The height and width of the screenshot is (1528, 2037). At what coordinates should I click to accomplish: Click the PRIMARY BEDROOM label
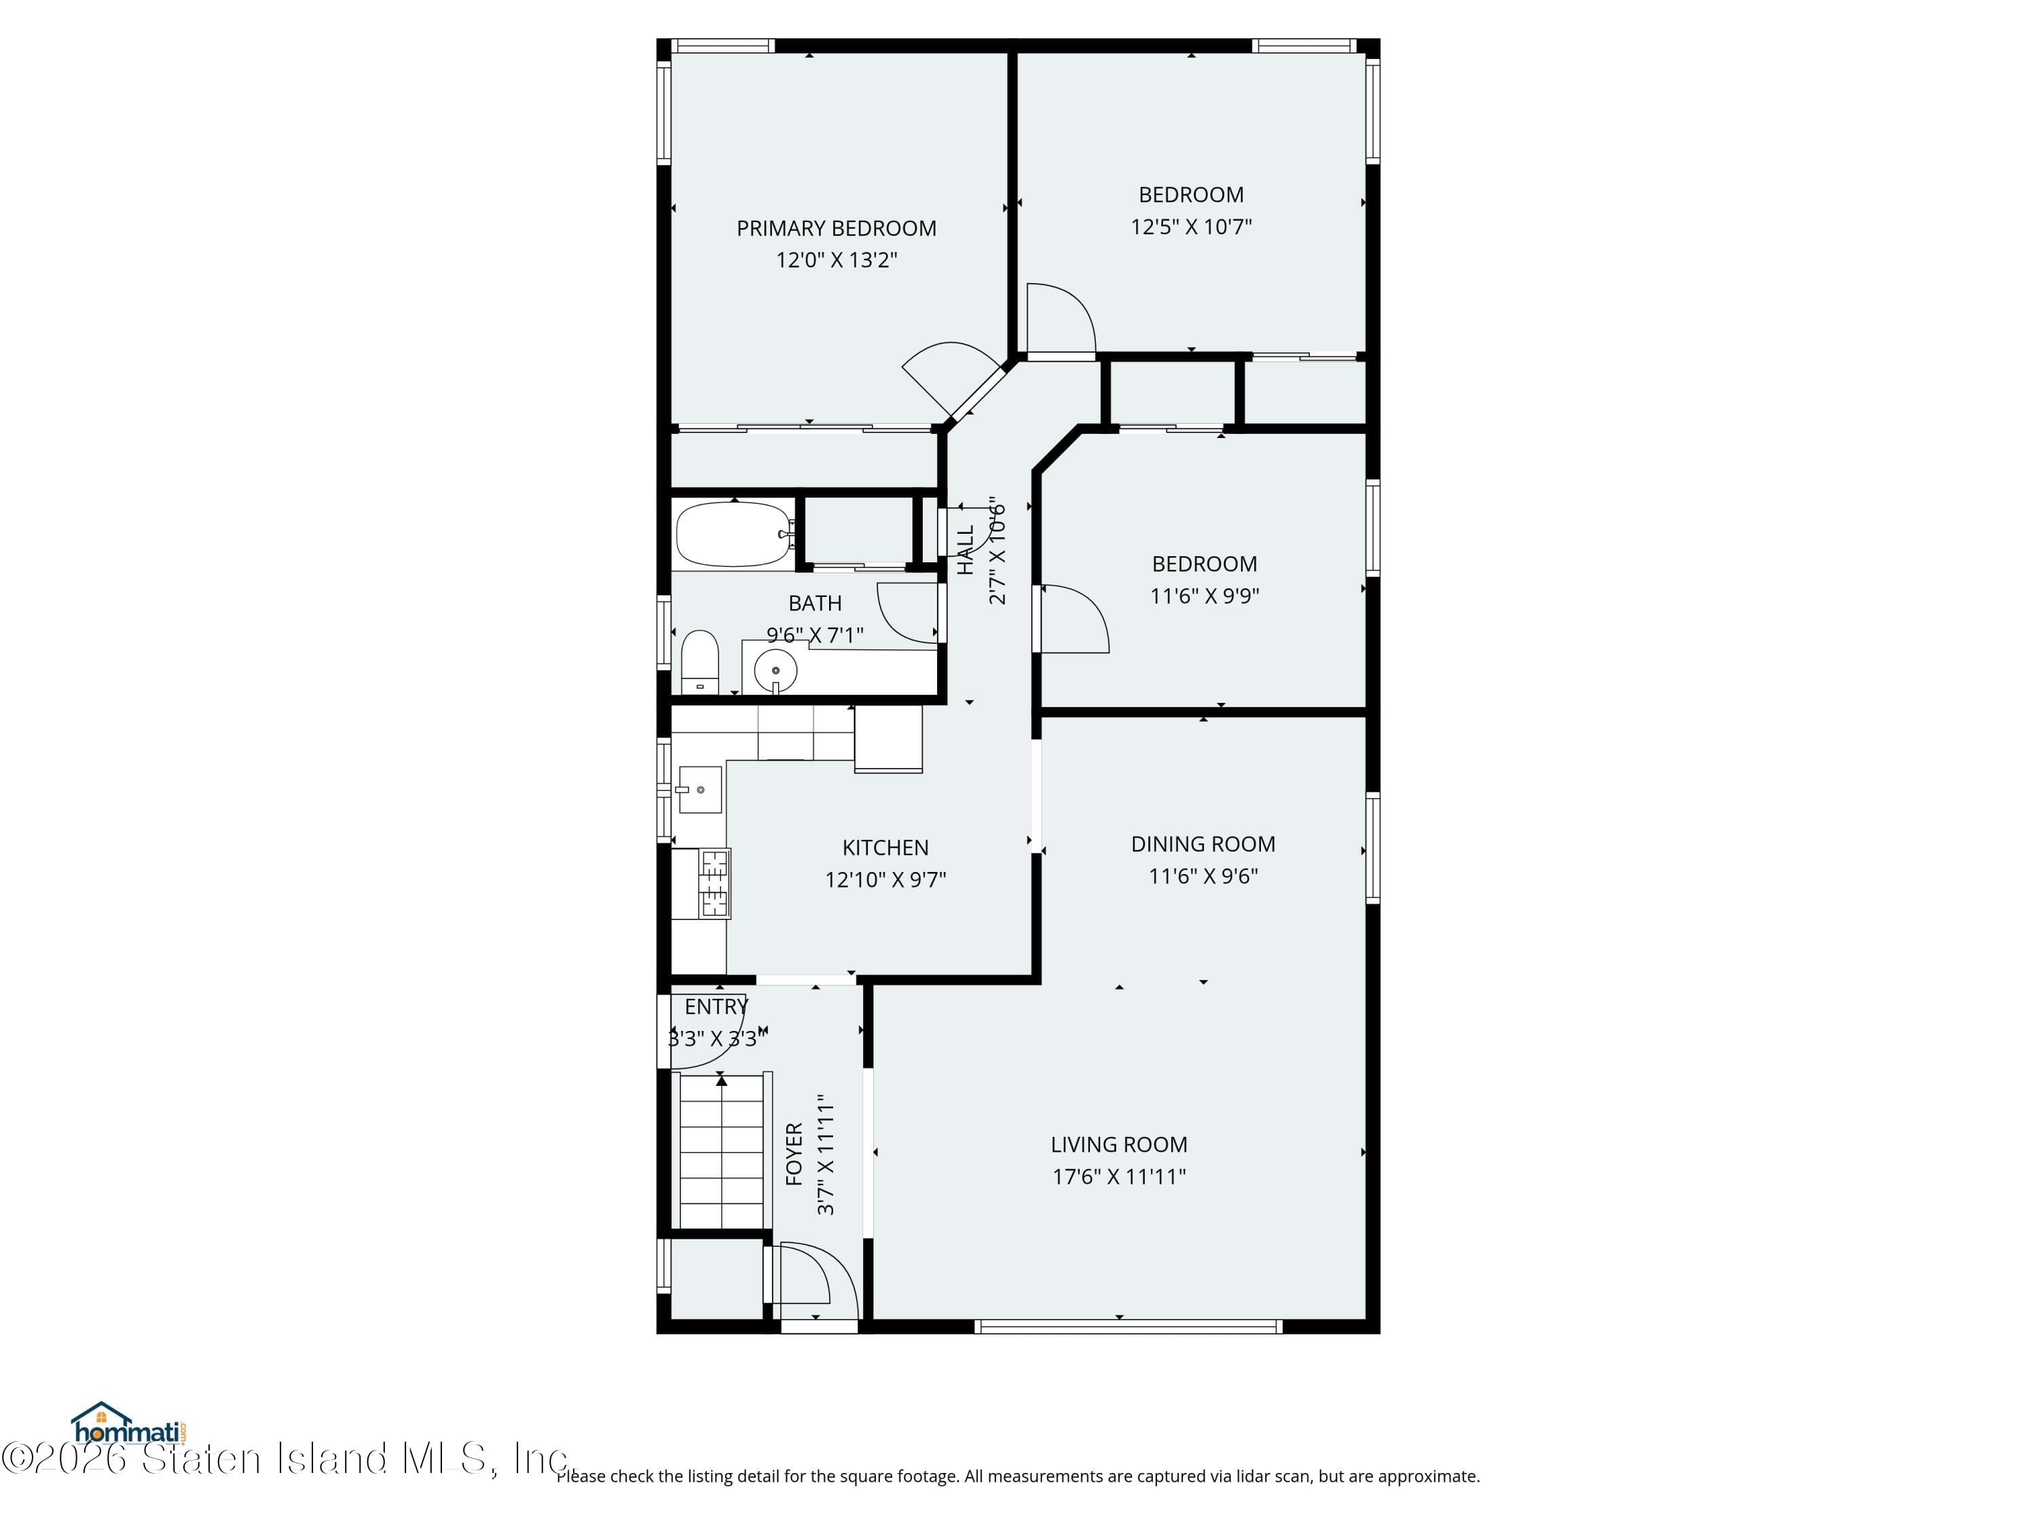(836, 228)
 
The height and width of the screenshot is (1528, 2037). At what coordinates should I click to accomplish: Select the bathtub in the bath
(733, 534)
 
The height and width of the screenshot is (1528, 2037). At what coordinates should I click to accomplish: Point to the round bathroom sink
(775, 670)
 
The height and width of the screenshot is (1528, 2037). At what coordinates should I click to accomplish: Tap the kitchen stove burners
(714, 884)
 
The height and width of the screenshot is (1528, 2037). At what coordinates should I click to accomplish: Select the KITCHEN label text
(885, 848)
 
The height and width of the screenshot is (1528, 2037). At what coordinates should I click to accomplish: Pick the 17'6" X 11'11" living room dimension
(1119, 1176)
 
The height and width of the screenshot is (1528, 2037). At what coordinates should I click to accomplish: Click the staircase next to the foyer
(721, 1151)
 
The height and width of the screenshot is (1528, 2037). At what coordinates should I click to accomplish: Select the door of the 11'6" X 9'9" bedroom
(1073, 619)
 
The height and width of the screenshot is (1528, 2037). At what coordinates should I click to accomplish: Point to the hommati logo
(129, 1425)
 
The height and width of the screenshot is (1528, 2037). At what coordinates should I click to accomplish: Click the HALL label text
(965, 550)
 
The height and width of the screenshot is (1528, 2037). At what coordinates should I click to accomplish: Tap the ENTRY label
(716, 1006)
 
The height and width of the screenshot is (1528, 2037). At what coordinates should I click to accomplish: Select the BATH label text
(815, 603)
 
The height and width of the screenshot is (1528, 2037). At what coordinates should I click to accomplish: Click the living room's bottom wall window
(1128, 1326)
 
